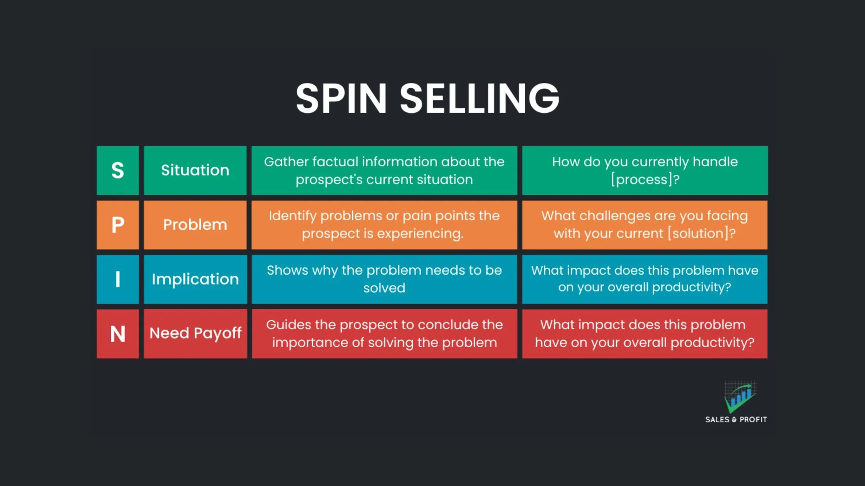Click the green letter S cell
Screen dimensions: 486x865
[x=118, y=170]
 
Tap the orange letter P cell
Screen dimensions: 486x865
[x=118, y=224]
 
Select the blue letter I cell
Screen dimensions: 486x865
[x=118, y=279]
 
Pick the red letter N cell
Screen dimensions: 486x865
[x=118, y=334]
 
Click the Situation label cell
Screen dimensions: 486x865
[x=195, y=170]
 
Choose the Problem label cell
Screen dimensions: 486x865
[x=195, y=224]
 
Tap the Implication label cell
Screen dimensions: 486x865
[x=195, y=279]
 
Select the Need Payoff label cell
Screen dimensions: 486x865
[x=195, y=334]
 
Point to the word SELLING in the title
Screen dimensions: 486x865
[x=479, y=99]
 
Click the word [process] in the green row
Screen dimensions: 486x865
[x=641, y=180]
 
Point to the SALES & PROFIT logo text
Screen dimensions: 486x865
[x=736, y=420]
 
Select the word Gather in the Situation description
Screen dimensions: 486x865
[x=286, y=162]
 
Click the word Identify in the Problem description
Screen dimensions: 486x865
[x=292, y=216]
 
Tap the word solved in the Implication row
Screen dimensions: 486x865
[x=384, y=288]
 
